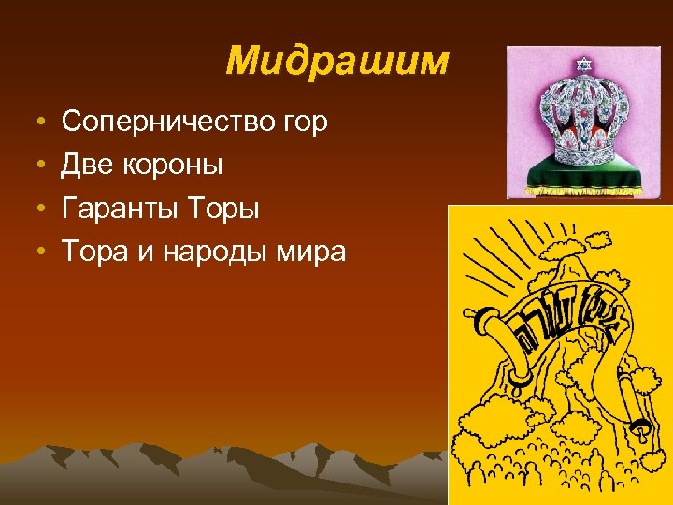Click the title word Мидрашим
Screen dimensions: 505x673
pyautogui.click(x=337, y=62)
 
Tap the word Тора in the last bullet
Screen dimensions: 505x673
pyautogui.click(x=95, y=252)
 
